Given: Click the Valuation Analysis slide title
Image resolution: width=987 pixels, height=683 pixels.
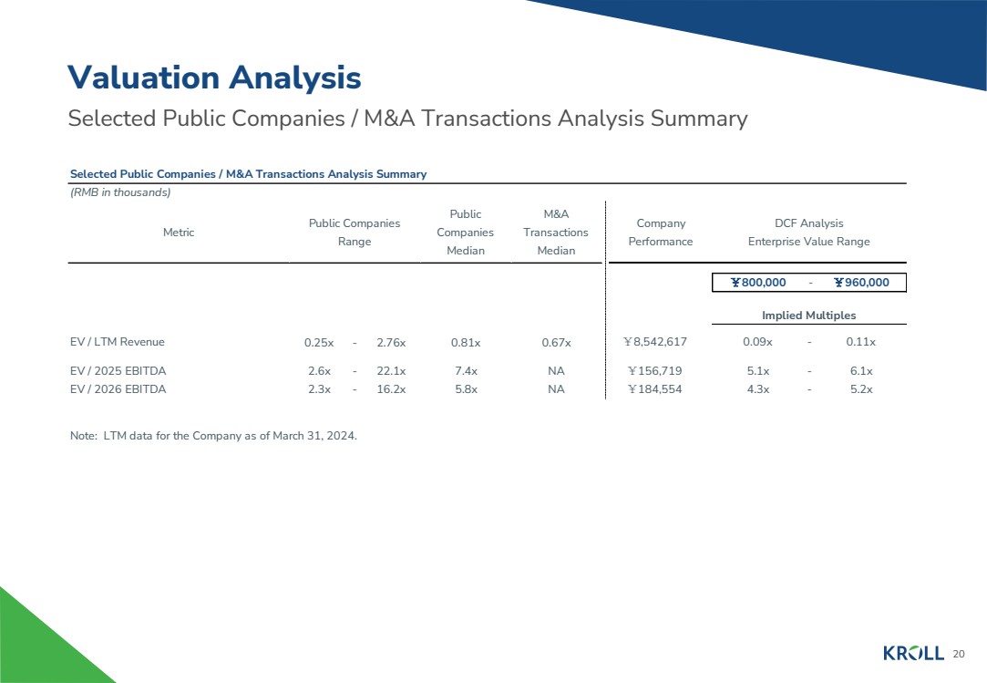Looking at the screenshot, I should [x=214, y=78].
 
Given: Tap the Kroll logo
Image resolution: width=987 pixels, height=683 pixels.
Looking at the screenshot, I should [x=913, y=653].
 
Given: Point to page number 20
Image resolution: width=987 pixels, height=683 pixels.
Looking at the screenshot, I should [x=958, y=654].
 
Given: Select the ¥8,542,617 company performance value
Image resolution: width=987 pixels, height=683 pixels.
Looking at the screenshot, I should [x=654, y=342].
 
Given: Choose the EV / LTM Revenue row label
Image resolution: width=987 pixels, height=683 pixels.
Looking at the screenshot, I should [x=118, y=342].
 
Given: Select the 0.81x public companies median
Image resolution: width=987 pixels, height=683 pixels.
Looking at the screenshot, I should [x=466, y=343].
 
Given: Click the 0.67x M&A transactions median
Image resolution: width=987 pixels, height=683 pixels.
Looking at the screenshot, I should [x=556, y=343].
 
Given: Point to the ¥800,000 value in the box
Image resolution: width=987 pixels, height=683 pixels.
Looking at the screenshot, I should [x=758, y=283].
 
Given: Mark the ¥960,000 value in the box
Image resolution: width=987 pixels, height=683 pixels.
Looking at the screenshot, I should [x=861, y=283].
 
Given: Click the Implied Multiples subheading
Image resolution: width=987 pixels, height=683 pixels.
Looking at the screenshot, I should [x=808, y=316].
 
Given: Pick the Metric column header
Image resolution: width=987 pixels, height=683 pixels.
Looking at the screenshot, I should [x=179, y=233].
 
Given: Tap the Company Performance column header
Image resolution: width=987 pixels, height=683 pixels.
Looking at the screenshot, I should [x=661, y=233].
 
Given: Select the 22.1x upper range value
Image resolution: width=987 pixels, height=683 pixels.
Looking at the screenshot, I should [x=391, y=371].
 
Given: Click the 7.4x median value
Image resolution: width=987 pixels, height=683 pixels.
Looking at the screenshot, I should [x=466, y=371].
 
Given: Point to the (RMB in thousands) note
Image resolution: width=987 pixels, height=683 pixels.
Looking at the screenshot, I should [x=121, y=192].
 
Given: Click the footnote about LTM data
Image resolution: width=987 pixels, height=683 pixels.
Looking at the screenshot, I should [x=213, y=436].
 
